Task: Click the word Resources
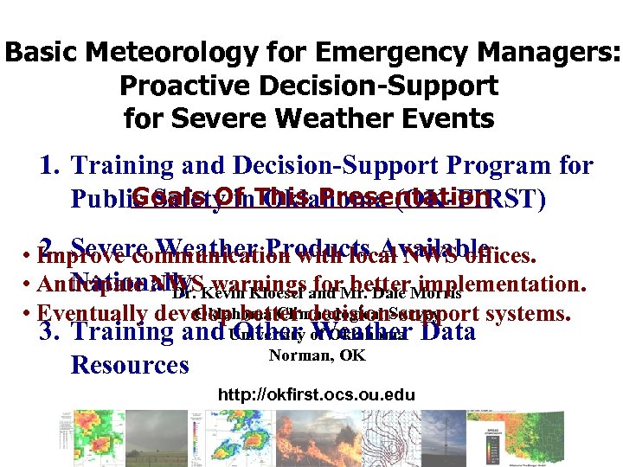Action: click(x=130, y=365)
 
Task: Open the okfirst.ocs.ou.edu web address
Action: click(x=317, y=395)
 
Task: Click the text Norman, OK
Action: click(x=317, y=355)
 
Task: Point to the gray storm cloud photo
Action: click(x=155, y=437)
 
